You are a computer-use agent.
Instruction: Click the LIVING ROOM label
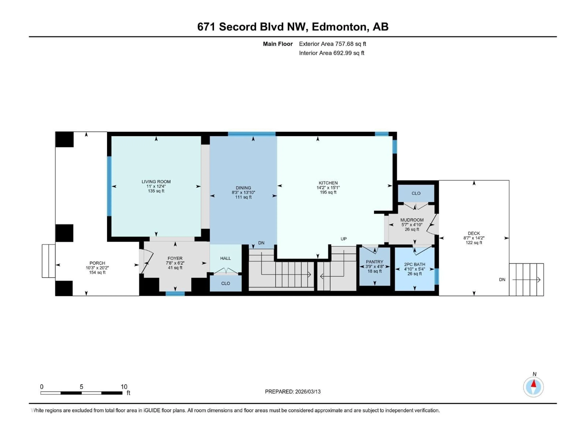pos(156,182)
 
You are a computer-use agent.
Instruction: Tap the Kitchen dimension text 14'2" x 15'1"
pos(328,188)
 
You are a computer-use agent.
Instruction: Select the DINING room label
pos(243,188)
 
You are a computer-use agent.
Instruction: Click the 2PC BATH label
pos(415,264)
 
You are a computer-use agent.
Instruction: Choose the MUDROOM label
pos(412,220)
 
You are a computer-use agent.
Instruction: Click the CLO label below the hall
pos(225,283)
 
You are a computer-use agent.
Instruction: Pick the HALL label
pos(225,258)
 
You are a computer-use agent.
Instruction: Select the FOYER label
pos(175,258)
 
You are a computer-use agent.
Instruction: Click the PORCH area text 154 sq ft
pos(97,273)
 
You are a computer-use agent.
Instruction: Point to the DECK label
pos(474,233)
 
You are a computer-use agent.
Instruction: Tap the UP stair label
pos(344,239)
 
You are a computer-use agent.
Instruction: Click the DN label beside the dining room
pos(261,243)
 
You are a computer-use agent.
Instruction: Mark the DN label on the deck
pos(502,280)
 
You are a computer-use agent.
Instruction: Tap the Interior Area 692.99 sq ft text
pos(331,53)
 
